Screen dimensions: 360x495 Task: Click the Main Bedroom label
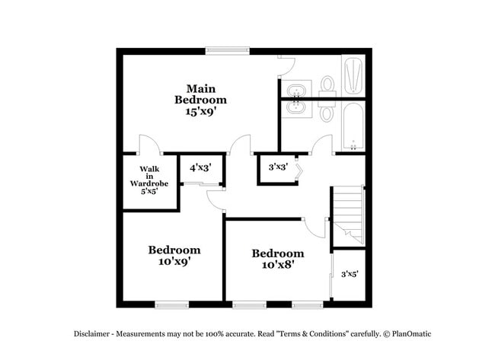pos(200,93)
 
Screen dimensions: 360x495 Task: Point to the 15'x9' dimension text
pos(200,111)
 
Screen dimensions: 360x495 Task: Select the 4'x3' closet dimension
pos(200,167)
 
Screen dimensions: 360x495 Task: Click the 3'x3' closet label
pos(277,167)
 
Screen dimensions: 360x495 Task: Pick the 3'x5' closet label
pos(350,274)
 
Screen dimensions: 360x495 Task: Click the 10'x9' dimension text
pos(174,261)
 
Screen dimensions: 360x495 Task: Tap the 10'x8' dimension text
pos(278,265)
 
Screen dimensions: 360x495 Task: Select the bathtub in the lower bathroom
pos(353,126)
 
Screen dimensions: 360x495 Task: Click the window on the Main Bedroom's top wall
pos(227,51)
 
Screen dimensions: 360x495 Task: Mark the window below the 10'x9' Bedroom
pos(171,305)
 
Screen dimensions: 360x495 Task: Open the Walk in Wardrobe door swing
pos(149,145)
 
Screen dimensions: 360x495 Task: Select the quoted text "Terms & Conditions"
pos(312,333)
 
